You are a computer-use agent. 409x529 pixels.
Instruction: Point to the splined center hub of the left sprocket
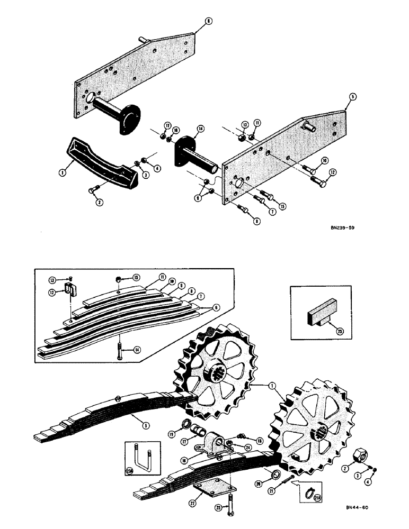[x=224, y=365]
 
